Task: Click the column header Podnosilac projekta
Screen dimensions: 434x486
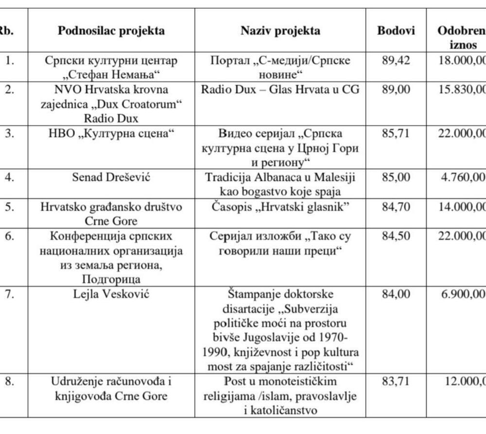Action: [x=111, y=31]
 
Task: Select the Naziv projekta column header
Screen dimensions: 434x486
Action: [x=280, y=31]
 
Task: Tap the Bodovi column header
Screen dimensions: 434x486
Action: [x=396, y=31]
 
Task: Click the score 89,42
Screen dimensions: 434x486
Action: [x=396, y=61]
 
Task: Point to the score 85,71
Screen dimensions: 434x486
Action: [x=396, y=133]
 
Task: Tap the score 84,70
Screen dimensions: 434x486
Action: [x=396, y=207]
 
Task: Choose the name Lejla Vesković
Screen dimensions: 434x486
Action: [x=111, y=294]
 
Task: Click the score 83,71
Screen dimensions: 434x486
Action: [x=396, y=382]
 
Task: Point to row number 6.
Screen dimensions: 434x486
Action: [x=9, y=236]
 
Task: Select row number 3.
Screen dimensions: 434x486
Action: [x=9, y=133]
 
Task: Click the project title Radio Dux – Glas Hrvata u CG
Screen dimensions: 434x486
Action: [x=280, y=90]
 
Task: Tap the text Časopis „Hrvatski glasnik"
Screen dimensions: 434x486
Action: [x=280, y=207]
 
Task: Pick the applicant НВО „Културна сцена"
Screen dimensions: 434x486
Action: [x=111, y=133]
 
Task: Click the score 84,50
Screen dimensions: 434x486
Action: [x=396, y=236]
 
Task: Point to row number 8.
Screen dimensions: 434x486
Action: [x=9, y=382]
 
